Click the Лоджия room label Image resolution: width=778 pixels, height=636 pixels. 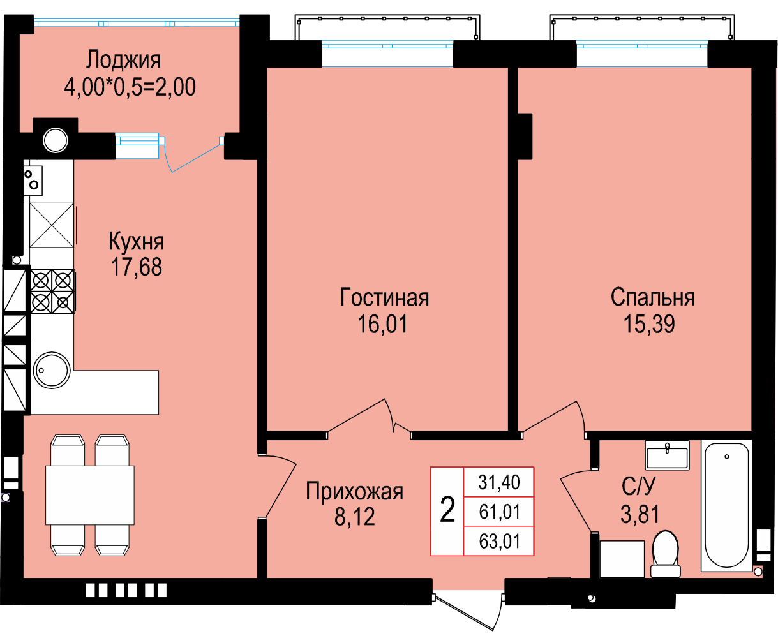(123, 60)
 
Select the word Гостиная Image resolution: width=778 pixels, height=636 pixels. (384, 297)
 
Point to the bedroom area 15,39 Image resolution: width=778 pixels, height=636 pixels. (649, 323)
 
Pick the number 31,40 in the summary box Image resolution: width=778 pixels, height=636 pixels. (499, 482)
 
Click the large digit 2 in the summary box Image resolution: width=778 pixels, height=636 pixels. (447, 510)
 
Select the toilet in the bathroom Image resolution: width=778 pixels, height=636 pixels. (666, 554)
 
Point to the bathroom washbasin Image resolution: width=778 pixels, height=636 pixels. (668, 455)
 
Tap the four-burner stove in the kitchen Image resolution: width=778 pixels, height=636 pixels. (52, 292)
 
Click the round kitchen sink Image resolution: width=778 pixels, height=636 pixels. (52, 370)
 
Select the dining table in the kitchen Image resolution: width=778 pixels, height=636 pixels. (90, 495)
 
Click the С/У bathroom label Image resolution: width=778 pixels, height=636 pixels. (639, 486)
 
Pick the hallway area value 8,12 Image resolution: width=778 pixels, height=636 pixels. (354, 516)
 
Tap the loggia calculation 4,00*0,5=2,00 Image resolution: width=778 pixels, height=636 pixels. (130, 87)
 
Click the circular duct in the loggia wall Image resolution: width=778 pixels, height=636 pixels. (56, 140)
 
